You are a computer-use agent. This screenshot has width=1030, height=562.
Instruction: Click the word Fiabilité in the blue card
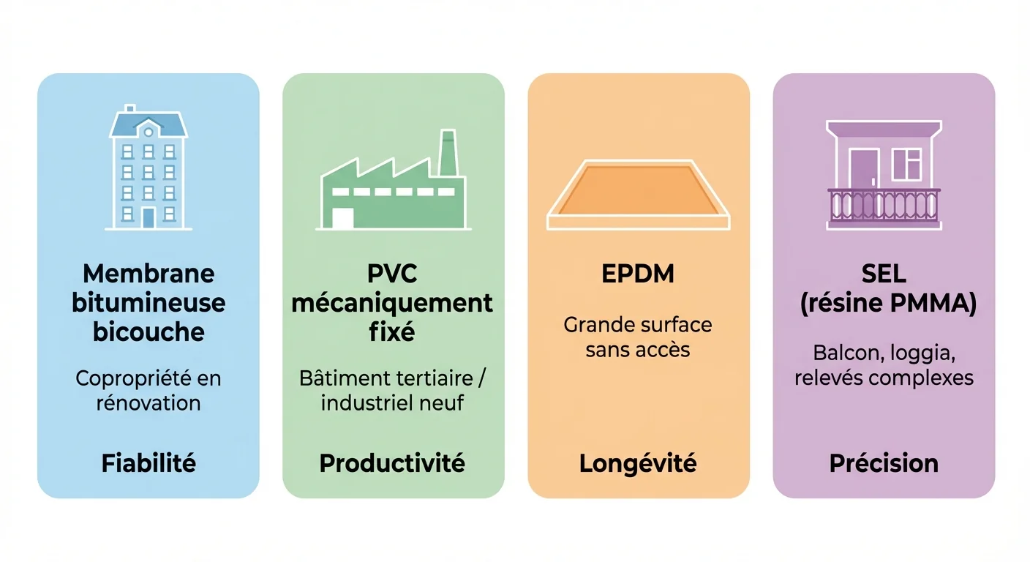(x=149, y=463)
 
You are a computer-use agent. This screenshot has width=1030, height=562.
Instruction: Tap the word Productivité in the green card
(x=392, y=463)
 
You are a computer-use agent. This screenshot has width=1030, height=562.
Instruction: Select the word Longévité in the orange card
(x=638, y=463)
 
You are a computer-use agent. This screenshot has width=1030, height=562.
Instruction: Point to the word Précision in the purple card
(x=884, y=463)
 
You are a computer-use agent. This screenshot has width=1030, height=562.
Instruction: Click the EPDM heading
(x=638, y=274)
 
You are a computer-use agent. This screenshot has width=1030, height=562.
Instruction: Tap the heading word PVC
(x=392, y=274)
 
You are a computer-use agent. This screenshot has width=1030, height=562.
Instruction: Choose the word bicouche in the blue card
(x=149, y=331)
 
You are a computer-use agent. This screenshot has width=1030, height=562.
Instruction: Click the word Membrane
(x=149, y=274)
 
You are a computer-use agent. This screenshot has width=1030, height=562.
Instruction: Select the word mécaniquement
(x=392, y=303)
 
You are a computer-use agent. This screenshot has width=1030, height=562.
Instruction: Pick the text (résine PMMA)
(x=887, y=303)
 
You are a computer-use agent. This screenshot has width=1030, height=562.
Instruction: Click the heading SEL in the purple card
(x=884, y=274)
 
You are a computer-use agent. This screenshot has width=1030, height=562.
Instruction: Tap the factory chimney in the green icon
(x=448, y=154)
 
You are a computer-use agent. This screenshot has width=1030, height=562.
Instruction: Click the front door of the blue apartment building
(x=149, y=217)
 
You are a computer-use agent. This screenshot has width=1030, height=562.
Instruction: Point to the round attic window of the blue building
(x=149, y=132)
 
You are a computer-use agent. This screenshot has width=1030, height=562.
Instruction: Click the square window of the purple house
(x=907, y=165)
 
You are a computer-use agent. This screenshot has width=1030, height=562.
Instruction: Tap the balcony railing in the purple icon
(x=884, y=205)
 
